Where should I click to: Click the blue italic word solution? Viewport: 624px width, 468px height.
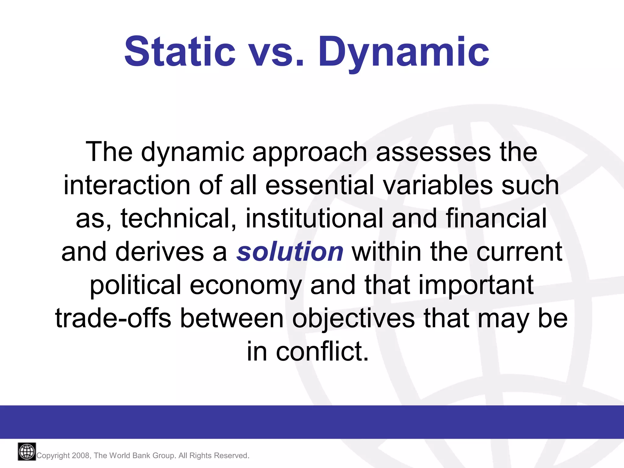tap(290, 252)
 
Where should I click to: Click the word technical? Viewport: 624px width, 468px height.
tap(179, 218)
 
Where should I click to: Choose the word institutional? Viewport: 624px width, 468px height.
tap(314, 218)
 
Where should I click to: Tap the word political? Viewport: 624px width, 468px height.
tap(135, 285)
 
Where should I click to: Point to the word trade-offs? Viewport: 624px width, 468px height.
tap(113, 318)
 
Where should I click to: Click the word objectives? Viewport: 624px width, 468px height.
tap(353, 319)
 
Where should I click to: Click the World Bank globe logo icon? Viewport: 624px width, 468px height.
tap(27, 452)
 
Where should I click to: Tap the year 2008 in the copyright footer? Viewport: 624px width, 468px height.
tap(81, 456)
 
